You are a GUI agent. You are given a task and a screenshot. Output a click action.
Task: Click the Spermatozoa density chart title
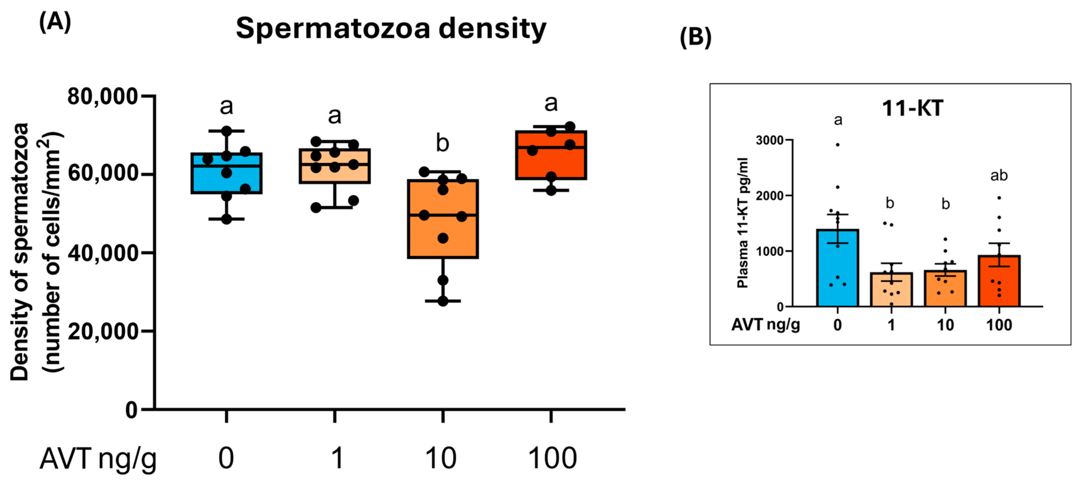pyautogui.click(x=391, y=29)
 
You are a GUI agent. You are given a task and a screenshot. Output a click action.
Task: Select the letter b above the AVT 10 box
pyautogui.click(x=442, y=143)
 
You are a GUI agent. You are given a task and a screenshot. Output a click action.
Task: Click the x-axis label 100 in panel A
pyautogui.click(x=552, y=458)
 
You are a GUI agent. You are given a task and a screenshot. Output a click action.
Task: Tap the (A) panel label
pyautogui.click(x=55, y=22)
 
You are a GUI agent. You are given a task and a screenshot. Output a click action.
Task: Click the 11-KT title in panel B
pyautogui.click(x=912, y=108)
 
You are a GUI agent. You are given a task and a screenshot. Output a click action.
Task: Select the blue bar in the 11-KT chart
pyautogui.click(x=837, y=269)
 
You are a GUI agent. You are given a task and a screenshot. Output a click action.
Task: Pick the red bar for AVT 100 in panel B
pyautogui.click(x=999, y=281)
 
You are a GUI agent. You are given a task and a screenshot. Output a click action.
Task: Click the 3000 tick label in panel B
pyautogui.click(x=769, y=140)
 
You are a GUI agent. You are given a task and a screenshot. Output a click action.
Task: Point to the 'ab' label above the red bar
pyautogui.click(x=999, y=175)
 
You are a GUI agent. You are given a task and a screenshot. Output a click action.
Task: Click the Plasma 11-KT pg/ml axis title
pyautogui.click(x=742, y=223)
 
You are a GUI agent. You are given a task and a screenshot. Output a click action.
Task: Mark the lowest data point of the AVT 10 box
pyautogui.click(x=443, y=301)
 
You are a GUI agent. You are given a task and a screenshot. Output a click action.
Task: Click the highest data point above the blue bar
pyautogui.click(x=837, y=144)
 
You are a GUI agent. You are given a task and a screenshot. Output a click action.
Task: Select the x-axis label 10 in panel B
pyautogui.click(x=945, y=325)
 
